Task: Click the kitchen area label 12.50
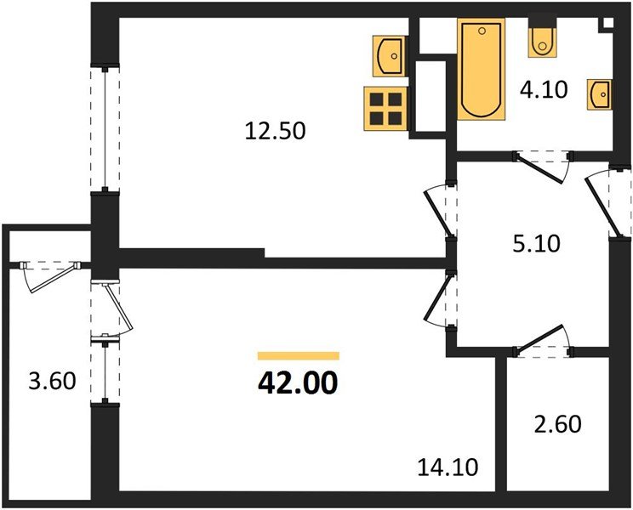click(274, 131)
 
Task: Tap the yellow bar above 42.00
click(298, 356)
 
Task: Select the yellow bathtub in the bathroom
click(482, 70)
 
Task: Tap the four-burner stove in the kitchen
click(383, 108)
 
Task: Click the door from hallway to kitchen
click(439, 211)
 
